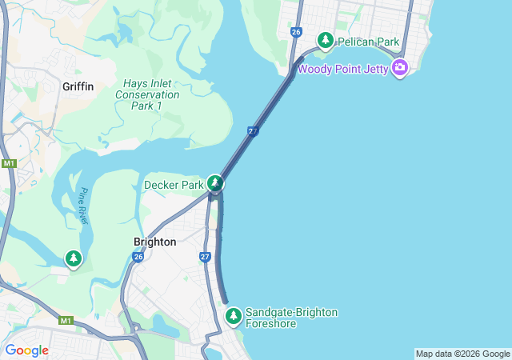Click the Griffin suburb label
click(78, 86)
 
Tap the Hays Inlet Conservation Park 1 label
click(147, 94)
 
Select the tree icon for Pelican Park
click(326, 39)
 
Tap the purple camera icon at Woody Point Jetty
click(401, 68)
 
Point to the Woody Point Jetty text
click(343, 69)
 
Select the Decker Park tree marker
click(214, 184)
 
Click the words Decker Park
click(174, 186)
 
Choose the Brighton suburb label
click(154, 242)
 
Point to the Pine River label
click(82, 205)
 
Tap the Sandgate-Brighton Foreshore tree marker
click(233, 316)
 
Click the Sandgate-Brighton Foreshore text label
click(291, 318)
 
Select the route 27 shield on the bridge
click(253, 131)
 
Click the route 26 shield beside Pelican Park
click(296, 32)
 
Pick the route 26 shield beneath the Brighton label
click(138, 258)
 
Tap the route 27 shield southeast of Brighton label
click(206, 257)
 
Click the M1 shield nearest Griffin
click(9, 163)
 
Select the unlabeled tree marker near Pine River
click(74, 258)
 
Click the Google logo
click(26, 350)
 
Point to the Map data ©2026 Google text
click(462, 354)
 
